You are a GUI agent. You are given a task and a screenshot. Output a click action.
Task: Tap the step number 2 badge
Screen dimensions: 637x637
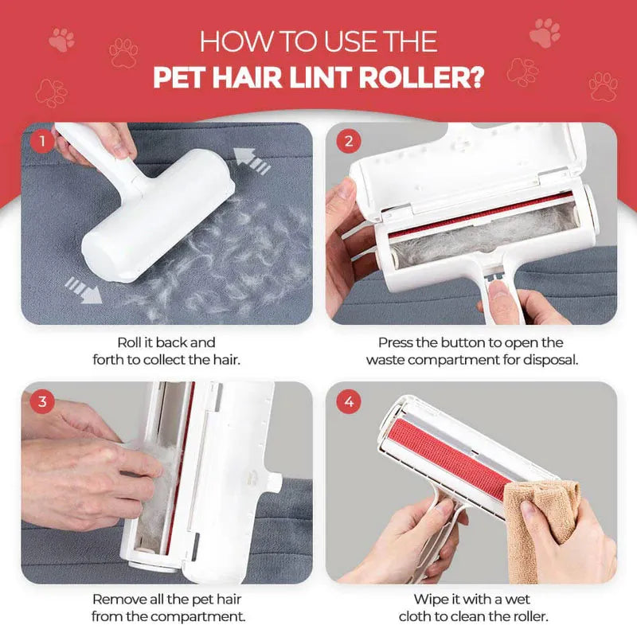click(x=348, y=142)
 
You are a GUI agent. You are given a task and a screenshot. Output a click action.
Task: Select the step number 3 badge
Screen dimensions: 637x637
click(x=41, y=401)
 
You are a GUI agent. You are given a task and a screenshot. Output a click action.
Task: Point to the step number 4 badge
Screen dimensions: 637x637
click(x=348, y=401)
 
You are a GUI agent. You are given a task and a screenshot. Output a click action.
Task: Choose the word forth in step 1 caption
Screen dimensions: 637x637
click(x=111, y=359)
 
